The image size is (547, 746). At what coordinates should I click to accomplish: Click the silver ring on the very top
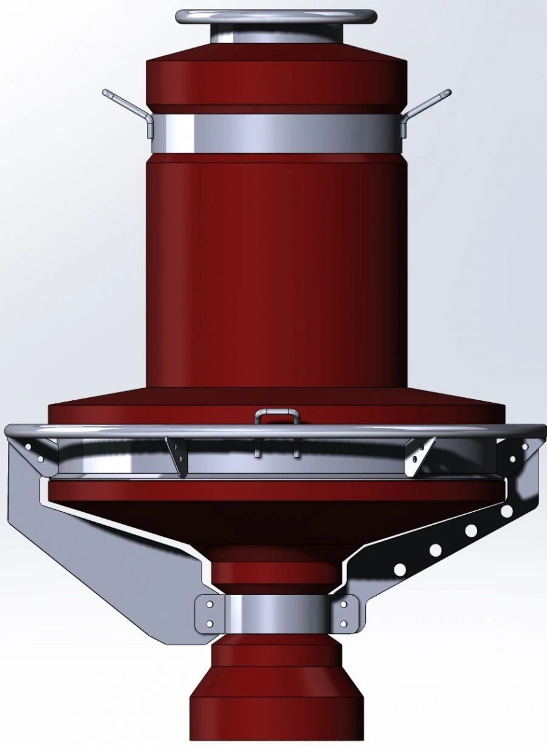tap(275, 16)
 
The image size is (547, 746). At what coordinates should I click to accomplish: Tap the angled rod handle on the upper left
tap(125, 103)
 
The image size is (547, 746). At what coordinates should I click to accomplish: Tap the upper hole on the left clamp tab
tap(209, 605)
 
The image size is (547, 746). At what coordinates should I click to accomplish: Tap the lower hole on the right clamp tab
tap(344, 624)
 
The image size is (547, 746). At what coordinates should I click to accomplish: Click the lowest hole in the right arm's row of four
tap(400, 569)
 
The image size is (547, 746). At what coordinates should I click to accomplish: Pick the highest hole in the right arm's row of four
tap(506, 512)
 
